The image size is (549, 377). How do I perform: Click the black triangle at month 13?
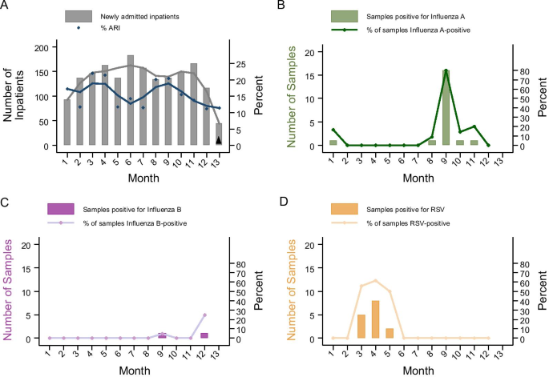tap(219, 140)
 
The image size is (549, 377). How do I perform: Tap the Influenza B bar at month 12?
tap(204, 335)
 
